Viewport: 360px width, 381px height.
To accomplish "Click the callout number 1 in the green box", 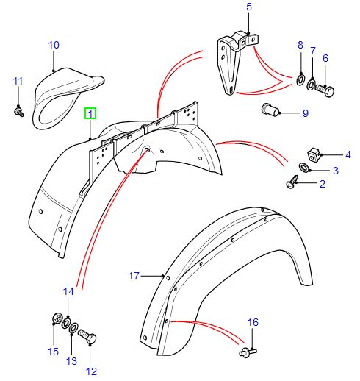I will [x=90, y=114].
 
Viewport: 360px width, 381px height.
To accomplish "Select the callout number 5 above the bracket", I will [x=248, y=7].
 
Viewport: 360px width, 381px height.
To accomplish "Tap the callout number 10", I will [x=54, y=45].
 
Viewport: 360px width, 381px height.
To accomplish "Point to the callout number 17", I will [x=134, y=277].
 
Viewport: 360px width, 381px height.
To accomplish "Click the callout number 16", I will [x=253, y=322].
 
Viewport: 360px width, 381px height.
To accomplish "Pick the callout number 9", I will [x=306, y=113].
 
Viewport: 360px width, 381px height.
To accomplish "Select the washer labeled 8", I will [x=301, y=78].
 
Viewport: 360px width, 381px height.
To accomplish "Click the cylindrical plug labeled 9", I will [x=271, y=112].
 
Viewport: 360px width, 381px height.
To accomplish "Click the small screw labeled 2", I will [x=292, y=179].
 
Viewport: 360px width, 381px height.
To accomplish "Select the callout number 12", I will [x=92, y=371].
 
